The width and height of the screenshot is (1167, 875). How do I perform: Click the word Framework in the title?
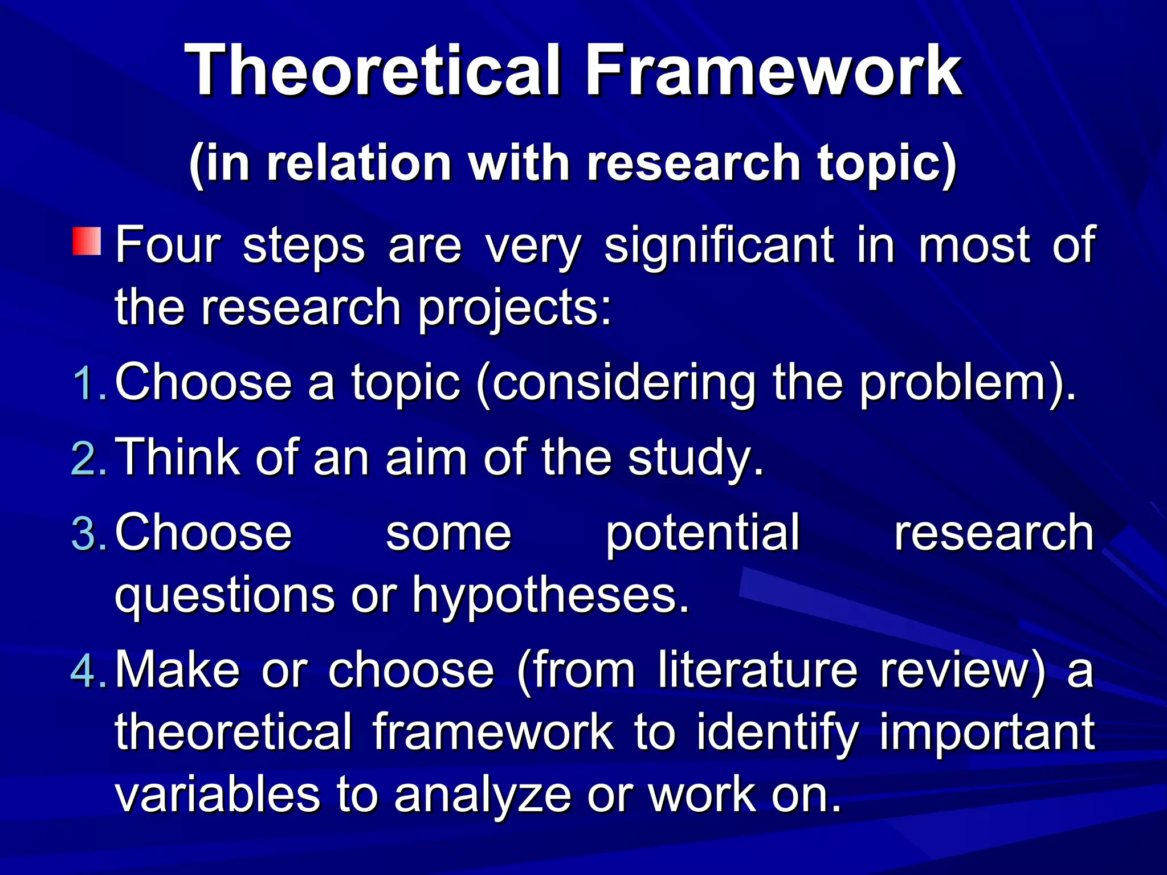click(774, 71)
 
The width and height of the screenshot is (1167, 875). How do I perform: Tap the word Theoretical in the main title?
click(373, 71)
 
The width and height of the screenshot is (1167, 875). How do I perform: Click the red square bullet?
click(87, 241)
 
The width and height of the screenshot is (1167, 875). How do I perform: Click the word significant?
click(719, 246)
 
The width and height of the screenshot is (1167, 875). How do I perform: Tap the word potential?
click(703, 533)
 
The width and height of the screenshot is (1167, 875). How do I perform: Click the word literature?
click(757, 669)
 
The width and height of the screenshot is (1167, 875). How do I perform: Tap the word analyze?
click(482, 796)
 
